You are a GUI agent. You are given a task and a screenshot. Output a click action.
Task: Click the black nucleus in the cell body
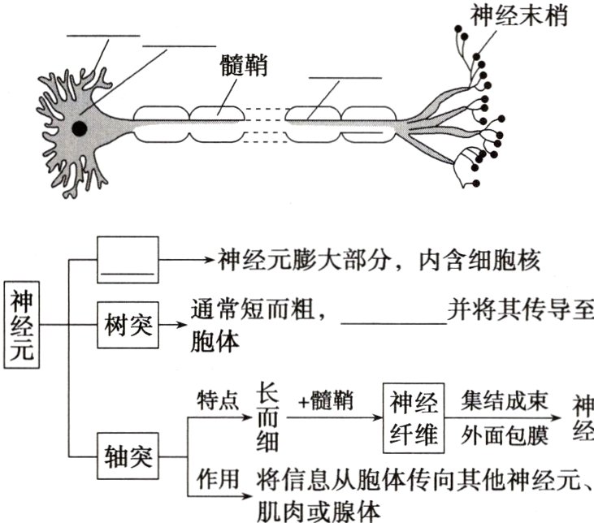79,128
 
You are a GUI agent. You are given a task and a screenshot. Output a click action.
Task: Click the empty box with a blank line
126,260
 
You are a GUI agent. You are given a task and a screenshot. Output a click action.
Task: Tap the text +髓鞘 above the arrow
325,401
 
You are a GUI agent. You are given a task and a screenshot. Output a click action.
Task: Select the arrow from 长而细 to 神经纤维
333,419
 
